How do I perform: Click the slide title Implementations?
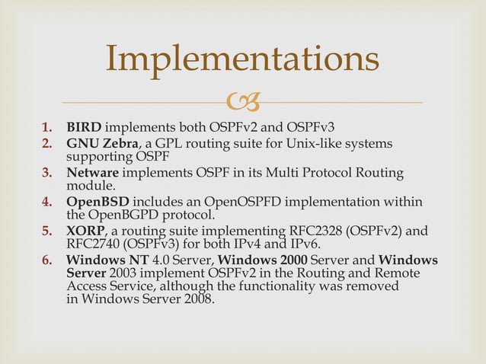click(x=242, y=60)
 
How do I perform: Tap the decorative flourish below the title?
click(x=242, y=101)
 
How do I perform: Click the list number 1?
click(x=46, y=126)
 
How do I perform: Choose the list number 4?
click(x=46, y=202)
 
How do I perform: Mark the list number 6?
click(x=46, y=260)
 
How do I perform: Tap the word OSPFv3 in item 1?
click(x=308, y=126)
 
